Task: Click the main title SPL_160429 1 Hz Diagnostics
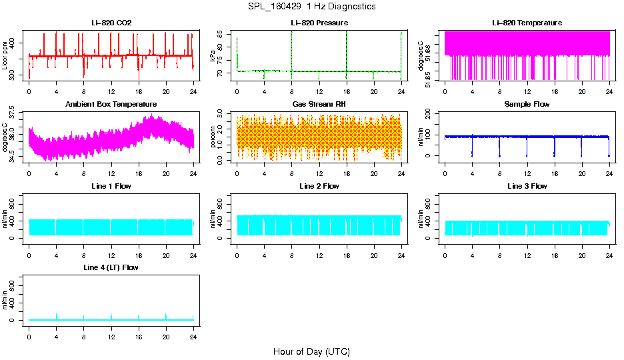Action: (x=311, y=7)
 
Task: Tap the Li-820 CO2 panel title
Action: (x=111, y=23)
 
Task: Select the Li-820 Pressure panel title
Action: (x=319, y=23)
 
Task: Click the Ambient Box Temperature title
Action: (x=111, y=105)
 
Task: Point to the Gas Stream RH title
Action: (x=319, y=105)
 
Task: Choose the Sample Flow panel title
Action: (x=527, y=105)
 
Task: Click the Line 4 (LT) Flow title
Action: (x=111, y=267)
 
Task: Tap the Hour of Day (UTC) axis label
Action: (x=311, y=351)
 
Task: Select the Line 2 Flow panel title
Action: (x=319, y=186)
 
